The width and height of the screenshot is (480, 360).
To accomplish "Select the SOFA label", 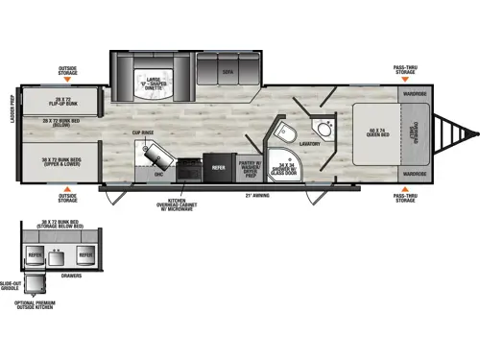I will pos(228,71).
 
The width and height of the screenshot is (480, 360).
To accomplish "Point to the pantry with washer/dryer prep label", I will pos(250,166).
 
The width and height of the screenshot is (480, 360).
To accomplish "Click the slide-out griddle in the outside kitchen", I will pos(37,284).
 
